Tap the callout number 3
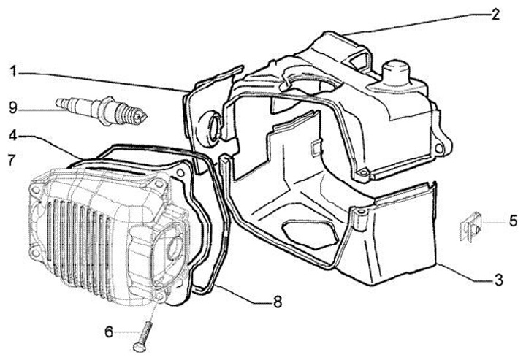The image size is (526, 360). click(x=498, y=279)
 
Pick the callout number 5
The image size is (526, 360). click(x=513, y=220)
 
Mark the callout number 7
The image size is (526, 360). click(x=11, y=159)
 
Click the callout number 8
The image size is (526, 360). click(x=276, y=300)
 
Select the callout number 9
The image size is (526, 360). click(x=12, y=107)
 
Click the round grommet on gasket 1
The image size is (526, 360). click(x=214, y=126)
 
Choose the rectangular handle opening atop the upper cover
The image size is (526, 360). click(x=357, y=56)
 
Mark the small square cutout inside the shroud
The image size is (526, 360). click(x=313, y=149)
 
